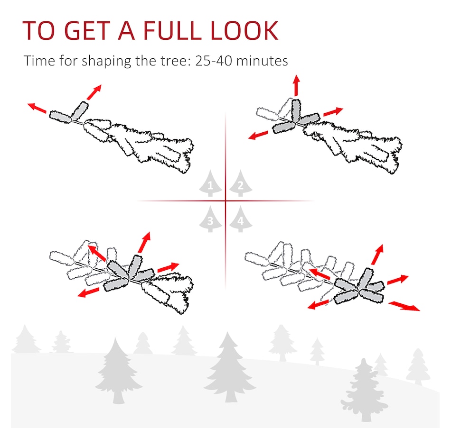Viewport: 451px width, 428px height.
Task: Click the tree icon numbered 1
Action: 210,183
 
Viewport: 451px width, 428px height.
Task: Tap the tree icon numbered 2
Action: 241,183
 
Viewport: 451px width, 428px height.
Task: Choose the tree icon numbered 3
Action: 210,219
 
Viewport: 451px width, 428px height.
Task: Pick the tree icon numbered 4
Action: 241,219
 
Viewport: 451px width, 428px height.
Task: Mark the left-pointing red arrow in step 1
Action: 37,108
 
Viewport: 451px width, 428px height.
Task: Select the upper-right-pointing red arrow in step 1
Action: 94,92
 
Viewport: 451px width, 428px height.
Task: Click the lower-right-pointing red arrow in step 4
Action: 404,306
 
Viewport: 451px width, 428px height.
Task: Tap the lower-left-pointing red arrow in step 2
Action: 258,135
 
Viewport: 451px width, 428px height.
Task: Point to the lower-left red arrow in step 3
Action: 89,292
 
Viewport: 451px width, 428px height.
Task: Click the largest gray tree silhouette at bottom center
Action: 229,367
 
